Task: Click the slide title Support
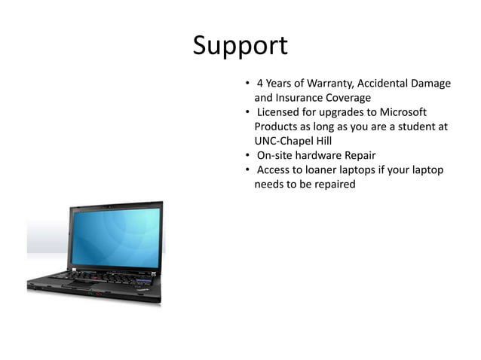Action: point(240,47)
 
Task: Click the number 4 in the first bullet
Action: point(260,84)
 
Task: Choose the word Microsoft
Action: point(400,112)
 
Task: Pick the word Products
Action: point(278,127)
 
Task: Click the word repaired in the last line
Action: point(331,184)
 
